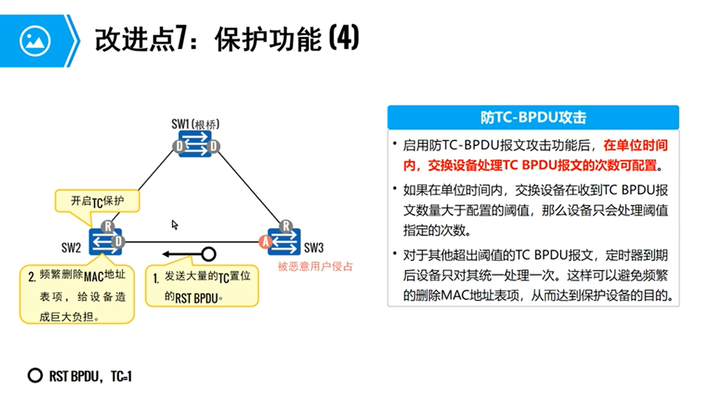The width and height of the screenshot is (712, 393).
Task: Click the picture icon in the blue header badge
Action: (x=35, y=41)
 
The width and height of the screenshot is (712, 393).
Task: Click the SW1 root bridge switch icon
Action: (x=196, y=144)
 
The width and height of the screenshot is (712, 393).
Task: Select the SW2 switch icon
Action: (x=105, y=242)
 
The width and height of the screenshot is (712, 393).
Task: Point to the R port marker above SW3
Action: (x=286, y=226)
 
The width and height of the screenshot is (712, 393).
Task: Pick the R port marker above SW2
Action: (x=108, y=226)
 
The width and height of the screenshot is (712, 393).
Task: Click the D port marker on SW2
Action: (x=118, y=241)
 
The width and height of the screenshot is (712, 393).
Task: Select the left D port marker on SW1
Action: (x=179, y=146)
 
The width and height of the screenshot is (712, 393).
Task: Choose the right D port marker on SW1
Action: (x=213, y=146)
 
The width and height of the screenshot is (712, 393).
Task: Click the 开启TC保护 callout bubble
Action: (x=97, y=201)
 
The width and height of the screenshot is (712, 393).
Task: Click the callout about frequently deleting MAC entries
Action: (x=77, y=295)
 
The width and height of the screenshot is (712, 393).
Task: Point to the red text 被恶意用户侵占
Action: (x=315, y=266)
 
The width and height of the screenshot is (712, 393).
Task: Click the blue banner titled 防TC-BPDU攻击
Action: (x=533, y=118)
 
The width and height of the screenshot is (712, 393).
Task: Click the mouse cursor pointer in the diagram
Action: (x=175, y=225)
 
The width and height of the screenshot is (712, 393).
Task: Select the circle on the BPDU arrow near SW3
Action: (x=209, y=254)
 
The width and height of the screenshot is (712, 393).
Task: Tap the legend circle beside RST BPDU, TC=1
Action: (x=35, y=375)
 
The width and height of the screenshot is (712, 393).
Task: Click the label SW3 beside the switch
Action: (x=314, y=248)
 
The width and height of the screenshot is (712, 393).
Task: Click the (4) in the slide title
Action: (x=344, y=38)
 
